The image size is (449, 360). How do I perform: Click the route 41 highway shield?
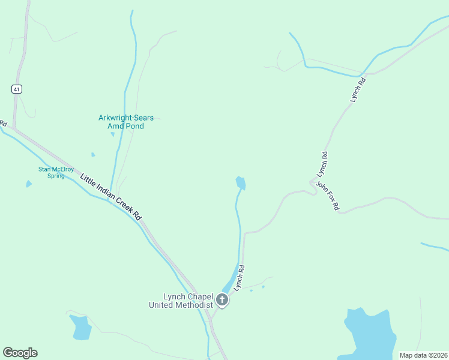(x=16, y=89)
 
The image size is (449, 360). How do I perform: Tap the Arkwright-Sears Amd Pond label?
(x=122, y=122)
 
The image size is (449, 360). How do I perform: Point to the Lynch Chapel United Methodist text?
(x=181, y=301)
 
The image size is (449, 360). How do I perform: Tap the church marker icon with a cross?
(x=223, y=300)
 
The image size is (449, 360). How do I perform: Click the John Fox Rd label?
(x=328, y=196)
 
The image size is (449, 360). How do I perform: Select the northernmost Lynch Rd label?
(x=358, y=89)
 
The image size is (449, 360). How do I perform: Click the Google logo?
(x=20, y=353)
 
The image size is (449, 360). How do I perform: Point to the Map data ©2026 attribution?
(x=423, y=355)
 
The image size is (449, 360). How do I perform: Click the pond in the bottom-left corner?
(x=80, y=327)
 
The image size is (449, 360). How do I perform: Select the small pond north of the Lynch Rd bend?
(x=241, y=182)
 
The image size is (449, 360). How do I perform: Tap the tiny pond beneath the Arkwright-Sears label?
(x=112, y=134)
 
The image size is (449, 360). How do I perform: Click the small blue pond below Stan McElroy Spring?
(x=29, y=184)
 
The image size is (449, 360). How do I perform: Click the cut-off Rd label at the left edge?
(x=3, y=123)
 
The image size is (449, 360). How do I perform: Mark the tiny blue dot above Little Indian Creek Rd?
(x=93, y=154)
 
